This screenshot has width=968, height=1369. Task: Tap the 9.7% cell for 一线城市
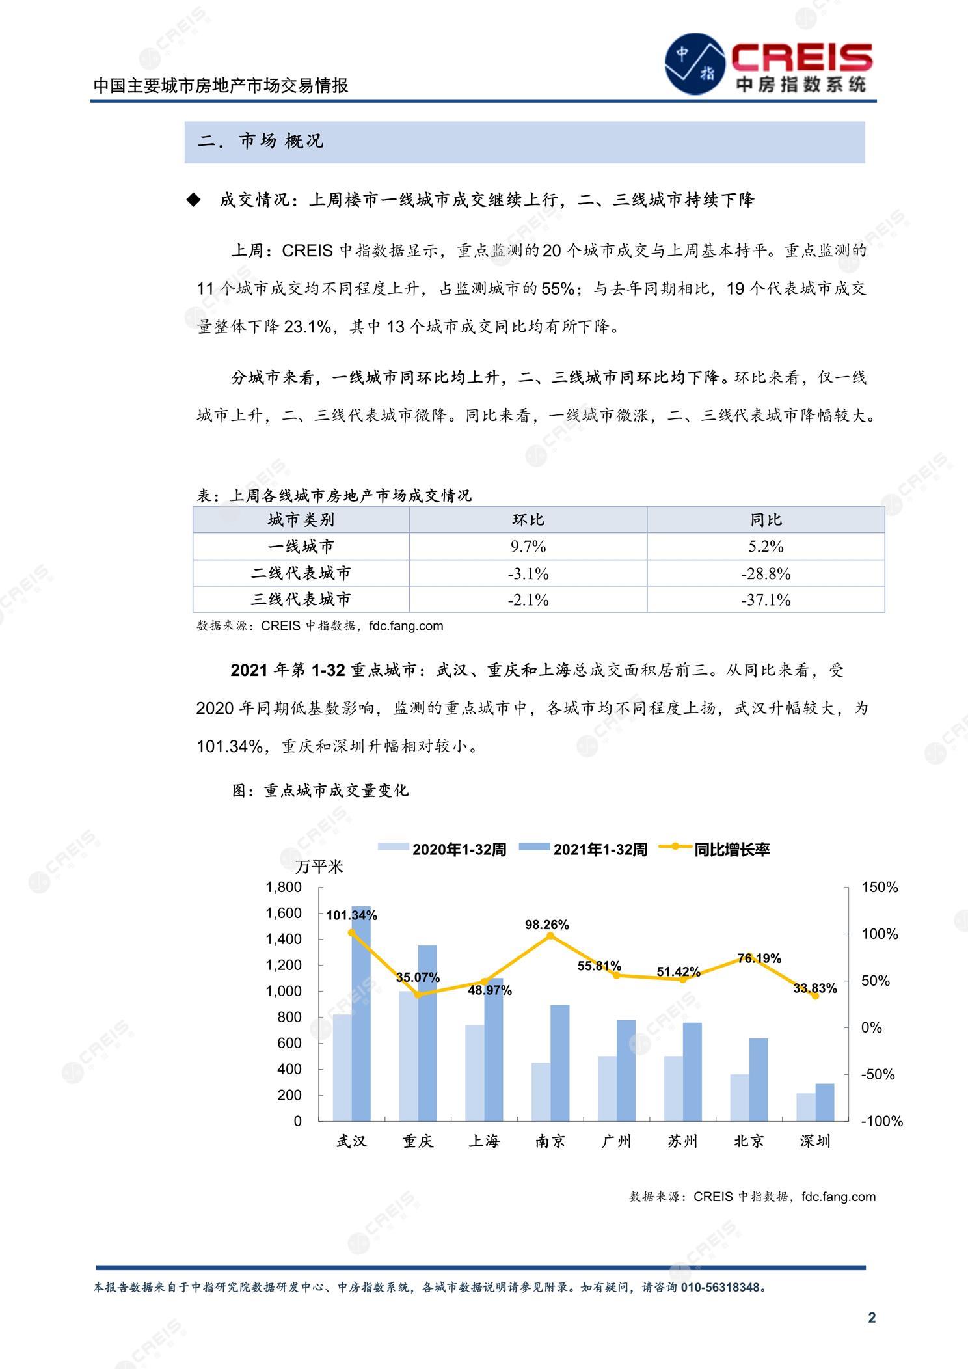coord(528,547)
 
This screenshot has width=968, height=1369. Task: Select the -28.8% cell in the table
coord(766,574)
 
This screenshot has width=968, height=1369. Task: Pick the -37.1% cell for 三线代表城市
coord(766,600)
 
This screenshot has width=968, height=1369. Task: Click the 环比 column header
coord(528,520)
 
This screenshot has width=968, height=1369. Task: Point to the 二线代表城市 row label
coord(301,573)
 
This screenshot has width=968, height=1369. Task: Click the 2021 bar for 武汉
coord(362,1015)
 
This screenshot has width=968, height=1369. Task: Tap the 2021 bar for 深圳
coord(824,1103)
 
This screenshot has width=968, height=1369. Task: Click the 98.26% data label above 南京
coord(546,925)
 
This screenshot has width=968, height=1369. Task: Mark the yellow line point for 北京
coord(749,958)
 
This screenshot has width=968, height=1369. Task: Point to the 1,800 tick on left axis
coord(284,887)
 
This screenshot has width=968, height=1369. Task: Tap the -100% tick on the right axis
coord(881,1121)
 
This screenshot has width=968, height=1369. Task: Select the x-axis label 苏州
coord(682,1141)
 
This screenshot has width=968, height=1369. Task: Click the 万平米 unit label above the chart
coord(319,867)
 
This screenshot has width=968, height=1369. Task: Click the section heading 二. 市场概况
coord(260,141)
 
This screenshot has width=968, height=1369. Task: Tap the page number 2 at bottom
coord(872,1318)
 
